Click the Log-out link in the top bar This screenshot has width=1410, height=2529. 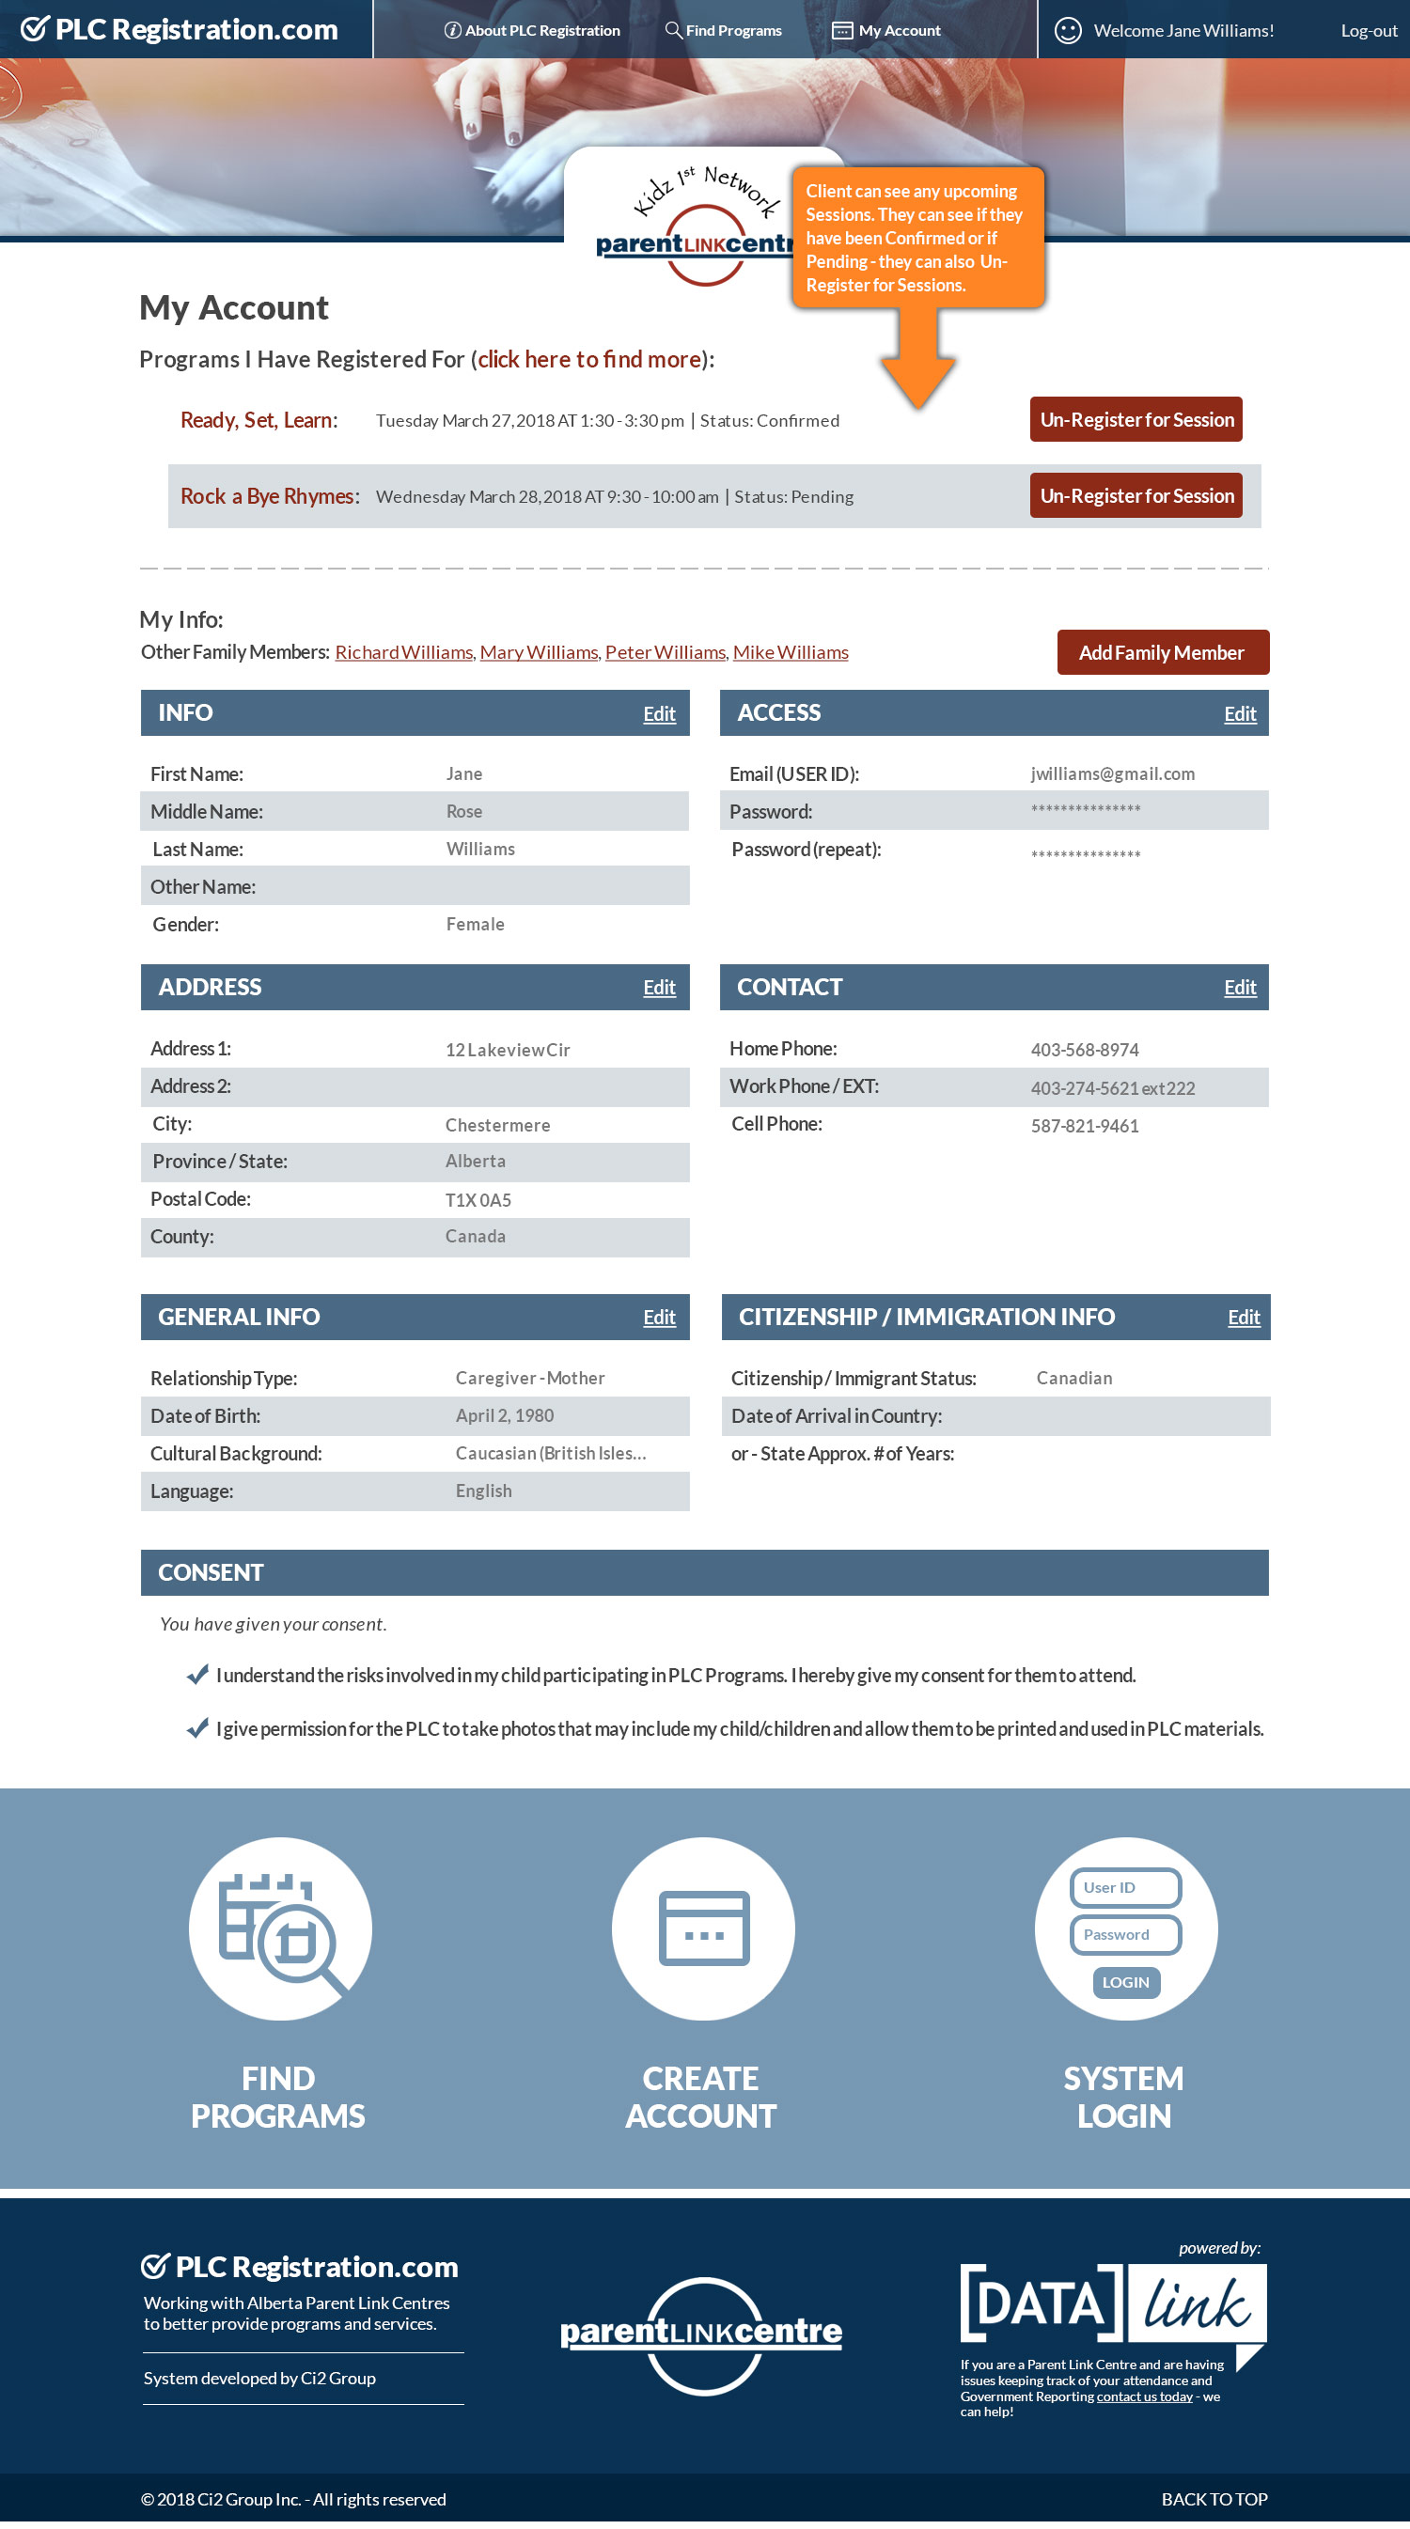click(x=1368, y=30)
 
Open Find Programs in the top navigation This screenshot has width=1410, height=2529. click(x=724, y=30)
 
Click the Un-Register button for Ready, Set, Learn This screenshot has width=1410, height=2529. click(x=1136, y=419)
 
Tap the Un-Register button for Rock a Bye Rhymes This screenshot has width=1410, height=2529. click(x=1136, y=496)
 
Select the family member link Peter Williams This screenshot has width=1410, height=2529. click(x=665, y=653)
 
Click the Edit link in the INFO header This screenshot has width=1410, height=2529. click(x=659, y=713)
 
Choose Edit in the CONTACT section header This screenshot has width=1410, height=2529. click(x=1239, y=988)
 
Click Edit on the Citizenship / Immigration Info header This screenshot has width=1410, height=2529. click(x=1243, y=1318)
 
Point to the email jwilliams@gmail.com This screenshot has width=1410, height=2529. click(x=1112, y=773)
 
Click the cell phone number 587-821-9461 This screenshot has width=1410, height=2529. click(x=1084, y=1126)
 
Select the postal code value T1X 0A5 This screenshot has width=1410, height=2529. click(x=478, y=1200)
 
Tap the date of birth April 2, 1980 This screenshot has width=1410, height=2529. click(x=505, y=1415)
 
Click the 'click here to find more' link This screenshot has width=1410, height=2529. click(x=589, y=359)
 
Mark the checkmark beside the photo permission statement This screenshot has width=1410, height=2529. click(x=197, y=1728)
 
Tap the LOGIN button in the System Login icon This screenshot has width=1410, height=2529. click(x=1125, y=1982)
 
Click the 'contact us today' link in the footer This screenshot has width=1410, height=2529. click(x=1144, y=2396)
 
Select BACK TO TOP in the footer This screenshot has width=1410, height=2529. click(x=1214, y=2499)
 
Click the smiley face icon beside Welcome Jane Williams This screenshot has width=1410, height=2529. click(x=1067, y=30)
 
